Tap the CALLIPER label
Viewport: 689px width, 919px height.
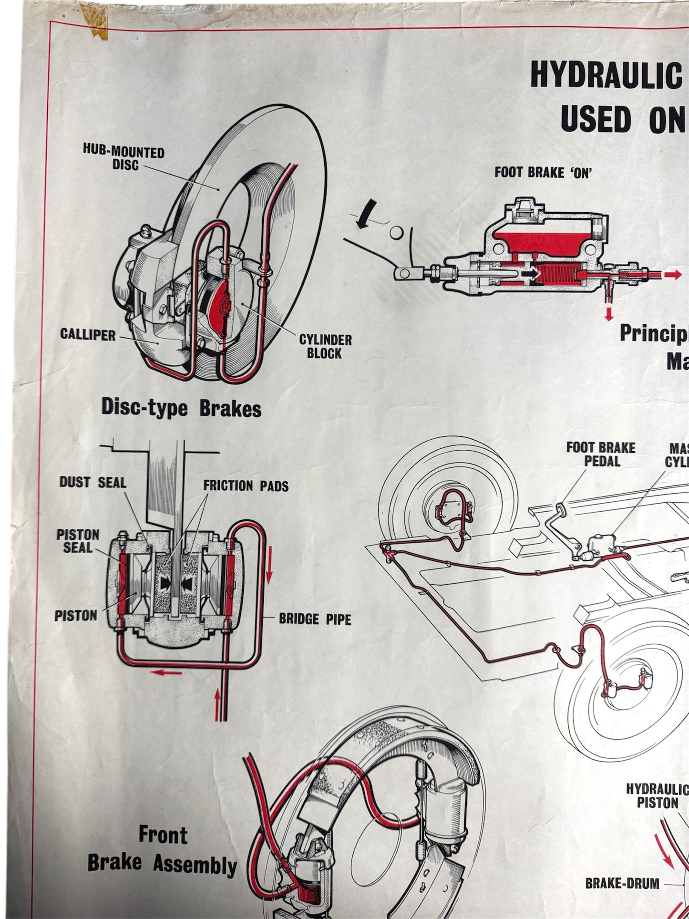88,335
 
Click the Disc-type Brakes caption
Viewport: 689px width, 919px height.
181,409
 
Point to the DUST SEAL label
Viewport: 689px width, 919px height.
93,482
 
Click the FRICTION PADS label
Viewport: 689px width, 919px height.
246,486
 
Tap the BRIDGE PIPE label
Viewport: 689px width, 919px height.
315,620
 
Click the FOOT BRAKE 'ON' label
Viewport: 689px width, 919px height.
543,172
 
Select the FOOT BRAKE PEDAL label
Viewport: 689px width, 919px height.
600,454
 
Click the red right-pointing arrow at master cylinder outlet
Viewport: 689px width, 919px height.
672,274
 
